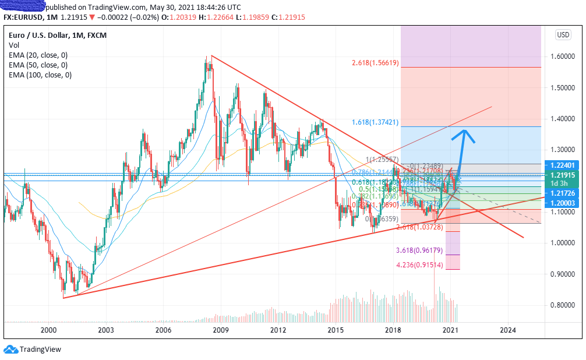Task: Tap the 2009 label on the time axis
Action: (220, 330)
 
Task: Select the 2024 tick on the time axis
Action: (507, 330)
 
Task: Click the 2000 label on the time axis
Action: (48, 330)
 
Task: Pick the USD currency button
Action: (563, 35)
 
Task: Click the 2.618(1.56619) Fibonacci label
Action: (375, 62)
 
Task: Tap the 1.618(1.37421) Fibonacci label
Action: (375, 122)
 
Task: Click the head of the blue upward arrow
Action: (464, 132)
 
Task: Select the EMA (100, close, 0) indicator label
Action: (40, 75)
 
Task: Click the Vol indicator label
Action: (15, 45)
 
